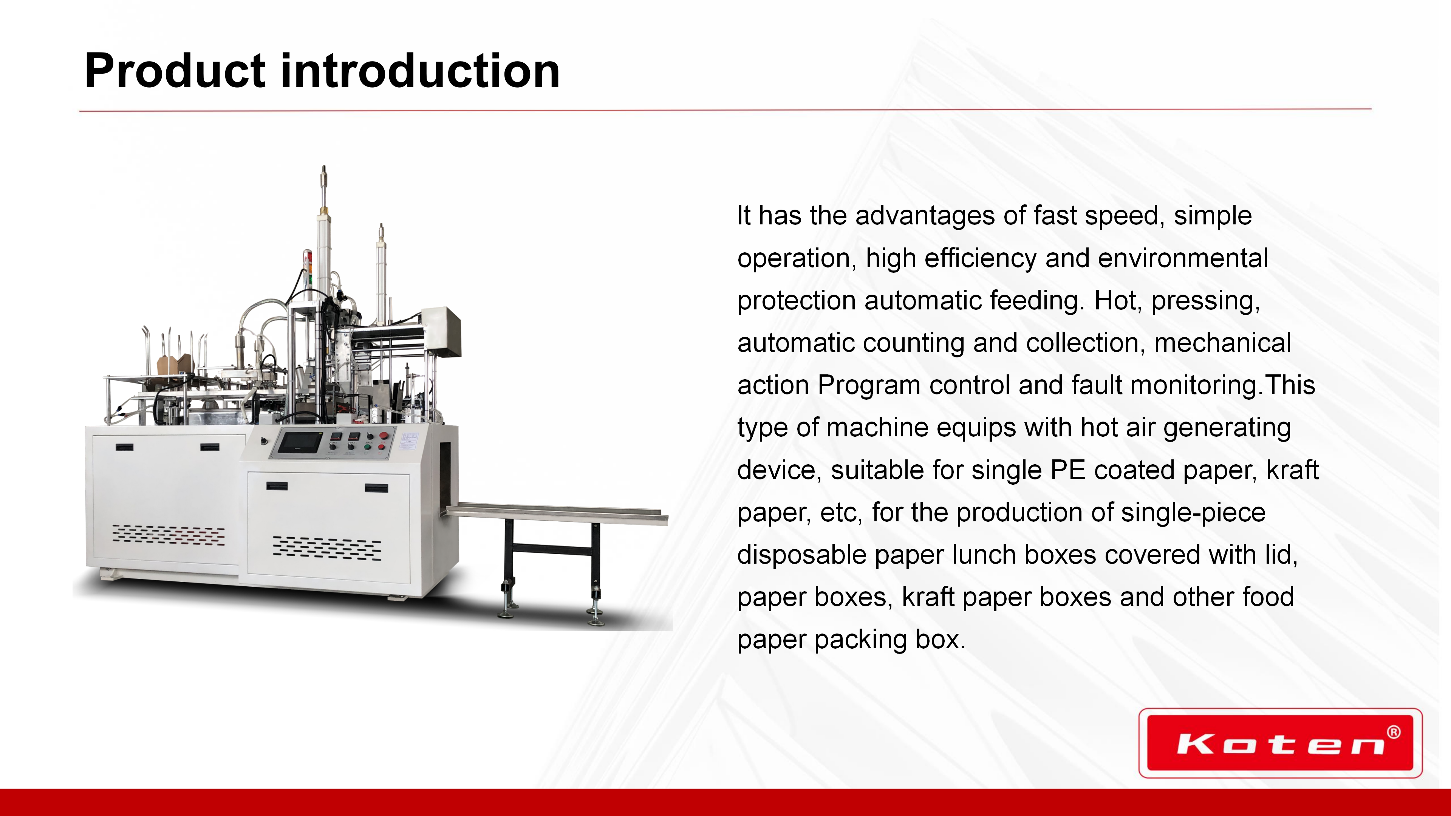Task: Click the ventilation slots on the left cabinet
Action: coord(168,534)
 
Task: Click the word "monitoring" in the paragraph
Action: coord(1194,386)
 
